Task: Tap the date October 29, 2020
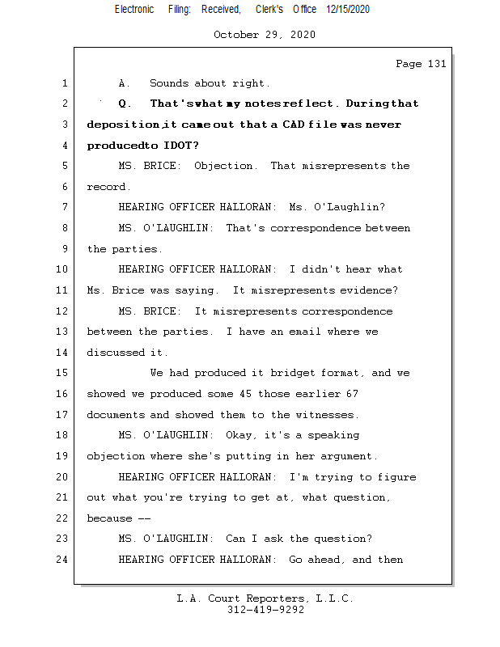coord(265,35)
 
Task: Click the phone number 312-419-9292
coord(265,610)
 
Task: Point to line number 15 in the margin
coord(64,373)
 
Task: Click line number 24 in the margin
coord(64,559)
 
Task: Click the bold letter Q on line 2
coord(122,104)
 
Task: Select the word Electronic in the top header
coord(134,10)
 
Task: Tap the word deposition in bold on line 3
coord(122,125)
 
